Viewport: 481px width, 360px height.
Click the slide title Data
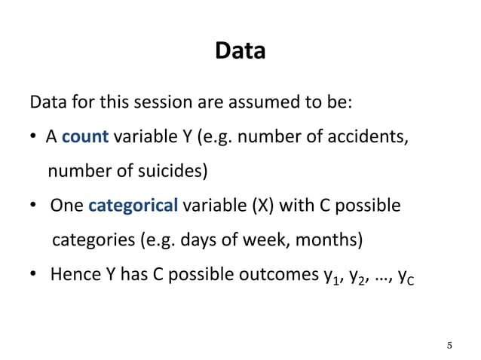(240, 51)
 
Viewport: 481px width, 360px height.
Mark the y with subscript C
(406, 276)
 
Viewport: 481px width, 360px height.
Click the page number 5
(449, 346)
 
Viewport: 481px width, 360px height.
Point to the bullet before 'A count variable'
(34, 138)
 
